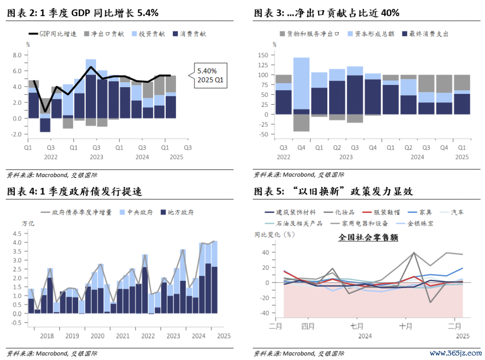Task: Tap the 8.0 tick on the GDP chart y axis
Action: coord(17,55)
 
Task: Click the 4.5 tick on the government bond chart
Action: coord(17,233)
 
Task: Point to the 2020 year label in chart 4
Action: coord(97,336)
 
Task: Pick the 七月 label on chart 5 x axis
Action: coord(356,327)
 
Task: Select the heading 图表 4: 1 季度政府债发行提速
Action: coord(75,191)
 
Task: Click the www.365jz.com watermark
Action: coord(455,352)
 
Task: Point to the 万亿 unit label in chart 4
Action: coord(28,223)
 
